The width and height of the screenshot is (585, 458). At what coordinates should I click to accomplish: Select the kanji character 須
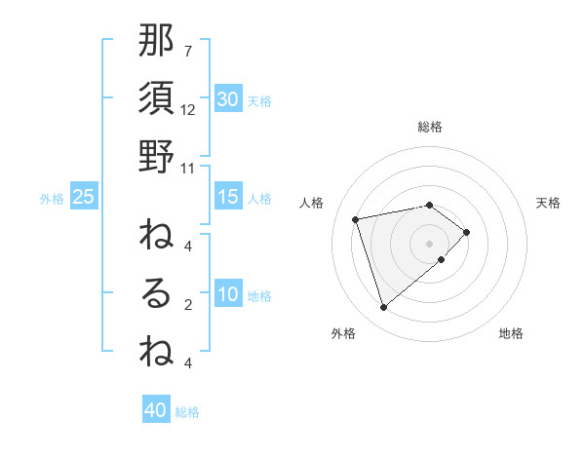pyautogui.click(x=156, y=99)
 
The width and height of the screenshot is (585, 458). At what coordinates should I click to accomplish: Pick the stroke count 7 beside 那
pyautogui.click(x=188, y=52)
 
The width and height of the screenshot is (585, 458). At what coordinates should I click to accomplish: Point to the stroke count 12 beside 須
pyautogui.click(x=188, y=110)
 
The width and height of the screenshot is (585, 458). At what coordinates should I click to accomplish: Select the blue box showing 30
pyautogui.click(x=227, y=99)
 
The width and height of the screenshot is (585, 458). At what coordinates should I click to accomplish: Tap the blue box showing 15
pyautogui.click(x=227, y=197)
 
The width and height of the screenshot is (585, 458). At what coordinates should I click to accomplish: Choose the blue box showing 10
pyautogui.click(x=227, y=294)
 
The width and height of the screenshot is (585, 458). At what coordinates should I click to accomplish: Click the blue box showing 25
pyautogui.click(x=83, y=197)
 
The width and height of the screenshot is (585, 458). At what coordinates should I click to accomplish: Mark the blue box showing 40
pyautogui.click(x=156, y=410)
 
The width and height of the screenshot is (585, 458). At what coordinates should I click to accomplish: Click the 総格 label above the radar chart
pyautogui.click(x=430, y=128)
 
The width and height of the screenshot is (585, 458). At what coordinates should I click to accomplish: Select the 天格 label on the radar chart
pyautogui.click(x=549, y=203)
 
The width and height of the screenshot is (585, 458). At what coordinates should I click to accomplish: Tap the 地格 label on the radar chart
pyautogui.click(x=511, y=334)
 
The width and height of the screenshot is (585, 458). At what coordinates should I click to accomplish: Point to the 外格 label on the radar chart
pyautogui.click(x=343, y=334)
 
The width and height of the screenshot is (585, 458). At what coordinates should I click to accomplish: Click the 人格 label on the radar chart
pyautogui.click(x=312, y=203)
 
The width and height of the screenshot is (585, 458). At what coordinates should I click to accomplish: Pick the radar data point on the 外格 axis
pyautogui.click(x=384, y=308)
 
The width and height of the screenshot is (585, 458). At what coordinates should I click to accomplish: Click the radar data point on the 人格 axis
pyautogui.click(x=356, y=218)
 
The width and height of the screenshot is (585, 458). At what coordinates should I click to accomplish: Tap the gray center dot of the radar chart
pyautogui.click(x=430, y=243)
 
